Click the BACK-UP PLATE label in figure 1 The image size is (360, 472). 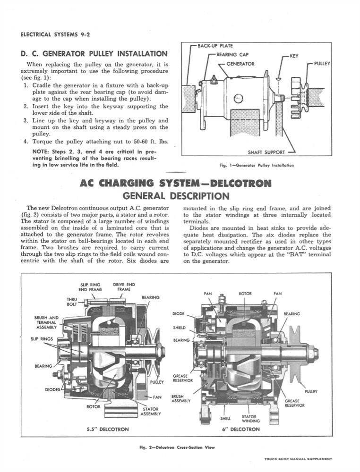215,46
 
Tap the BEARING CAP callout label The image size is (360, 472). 232,55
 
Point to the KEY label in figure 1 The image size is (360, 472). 294,56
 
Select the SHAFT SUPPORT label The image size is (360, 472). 266,152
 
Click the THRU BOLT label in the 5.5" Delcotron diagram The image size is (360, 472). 72,302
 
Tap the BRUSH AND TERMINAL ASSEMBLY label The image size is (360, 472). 47,322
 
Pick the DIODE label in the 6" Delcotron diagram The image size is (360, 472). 178,313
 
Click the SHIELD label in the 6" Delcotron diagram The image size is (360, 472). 179,327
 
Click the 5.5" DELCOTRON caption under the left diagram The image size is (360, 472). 108,429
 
